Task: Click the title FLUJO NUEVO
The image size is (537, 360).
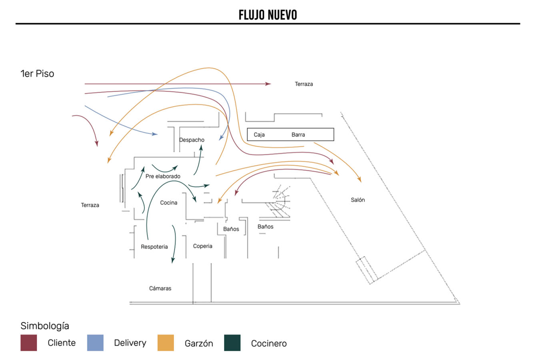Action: [268, 15]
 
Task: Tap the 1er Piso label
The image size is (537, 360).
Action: [37, 74]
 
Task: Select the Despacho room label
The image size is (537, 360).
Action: [192, 140]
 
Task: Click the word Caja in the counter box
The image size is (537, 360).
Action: [259, 135]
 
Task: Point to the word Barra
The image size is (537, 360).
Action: [298, 135]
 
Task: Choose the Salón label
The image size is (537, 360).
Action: [358, 200]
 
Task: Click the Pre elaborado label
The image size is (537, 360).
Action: [163, 176]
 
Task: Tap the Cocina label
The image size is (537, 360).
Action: [169, 203]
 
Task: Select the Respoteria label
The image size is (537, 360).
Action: [154, 247]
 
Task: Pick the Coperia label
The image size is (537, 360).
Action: [203, 246]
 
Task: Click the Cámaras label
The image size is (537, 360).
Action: [160, 288]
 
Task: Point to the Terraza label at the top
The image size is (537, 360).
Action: [304, 84]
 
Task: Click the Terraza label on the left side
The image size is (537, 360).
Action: [90, 205]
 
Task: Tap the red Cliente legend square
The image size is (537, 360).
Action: [29, 343]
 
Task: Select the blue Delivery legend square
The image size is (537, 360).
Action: [95, 343]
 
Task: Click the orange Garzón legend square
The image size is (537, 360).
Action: [166, 343]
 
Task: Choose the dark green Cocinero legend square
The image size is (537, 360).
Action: [232, 343]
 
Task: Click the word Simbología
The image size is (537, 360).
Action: [45, 326]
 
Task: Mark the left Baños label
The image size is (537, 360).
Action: [231, 229]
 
